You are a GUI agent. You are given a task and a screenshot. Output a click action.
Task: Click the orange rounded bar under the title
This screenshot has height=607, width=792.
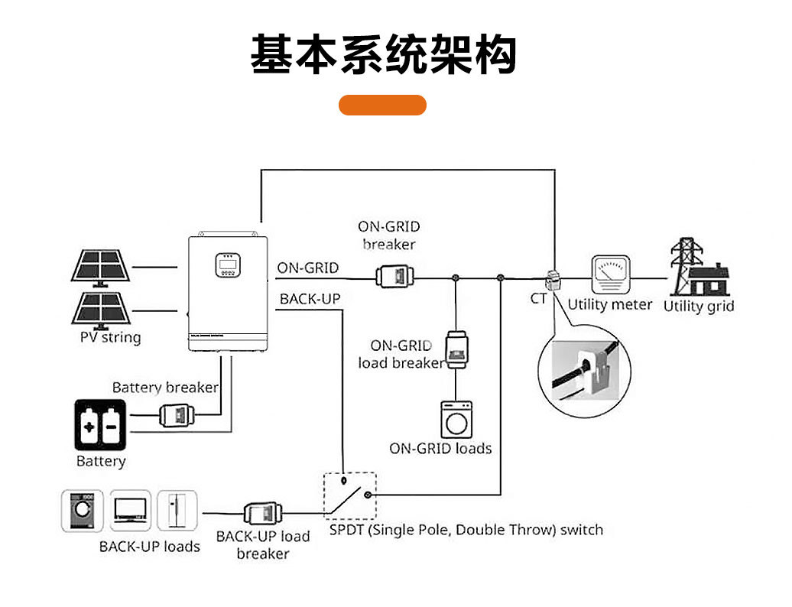pyautogui.click(x=382, y=105)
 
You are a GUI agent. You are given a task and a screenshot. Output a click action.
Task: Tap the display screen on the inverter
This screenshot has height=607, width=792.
pyautogui.click(x=229, y=266)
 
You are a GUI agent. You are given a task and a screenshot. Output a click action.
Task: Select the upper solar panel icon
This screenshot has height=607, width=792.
pyautogui.click(x=101, y=267)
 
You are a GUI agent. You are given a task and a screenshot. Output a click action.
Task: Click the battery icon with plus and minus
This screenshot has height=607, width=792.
pyautogui.click(x=101, y=424)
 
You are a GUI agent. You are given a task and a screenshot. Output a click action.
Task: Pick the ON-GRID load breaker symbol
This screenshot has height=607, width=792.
pyautogui.click(x=456, y=349)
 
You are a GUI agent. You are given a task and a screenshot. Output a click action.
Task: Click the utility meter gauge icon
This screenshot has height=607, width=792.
pyautogui.click(x=609, y=274)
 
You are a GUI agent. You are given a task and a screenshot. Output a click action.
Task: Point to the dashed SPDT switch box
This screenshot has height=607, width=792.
pyautogui.click(x=349, y=495)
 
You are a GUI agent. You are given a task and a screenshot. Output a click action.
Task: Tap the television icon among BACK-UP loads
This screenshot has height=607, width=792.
pyautogui.click(x=128, y=511)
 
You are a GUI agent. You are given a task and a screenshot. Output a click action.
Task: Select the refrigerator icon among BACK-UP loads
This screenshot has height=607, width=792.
pyautogui.click(x=177, y=511)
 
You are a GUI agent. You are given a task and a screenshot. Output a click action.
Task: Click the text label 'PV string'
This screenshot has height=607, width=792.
pyautogui.click(x=111, y=337)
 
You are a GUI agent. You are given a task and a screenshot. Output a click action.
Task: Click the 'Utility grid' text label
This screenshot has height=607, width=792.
pyautogui.click(x=698, y=306)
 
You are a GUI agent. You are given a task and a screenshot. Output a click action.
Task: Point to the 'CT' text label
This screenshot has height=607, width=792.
pyautogui.click(x=539, y=298)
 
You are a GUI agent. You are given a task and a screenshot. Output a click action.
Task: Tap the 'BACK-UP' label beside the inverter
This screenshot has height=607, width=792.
pyautogui.click(x=310, y=299)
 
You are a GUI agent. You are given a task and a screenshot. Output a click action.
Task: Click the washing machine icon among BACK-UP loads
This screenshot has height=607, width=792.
pyautogui.click(x=81, y=511)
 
